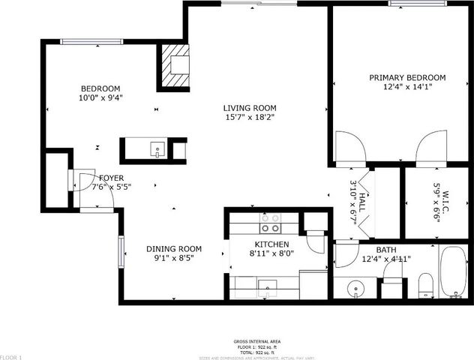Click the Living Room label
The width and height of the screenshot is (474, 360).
[x=251, y=107]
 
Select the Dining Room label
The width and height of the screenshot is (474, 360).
[x=173, y=249]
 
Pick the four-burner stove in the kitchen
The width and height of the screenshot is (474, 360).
[x=269, y=223]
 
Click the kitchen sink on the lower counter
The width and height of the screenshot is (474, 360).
[x=268, y=286]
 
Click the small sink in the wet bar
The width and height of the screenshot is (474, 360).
[x=157, y=148]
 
